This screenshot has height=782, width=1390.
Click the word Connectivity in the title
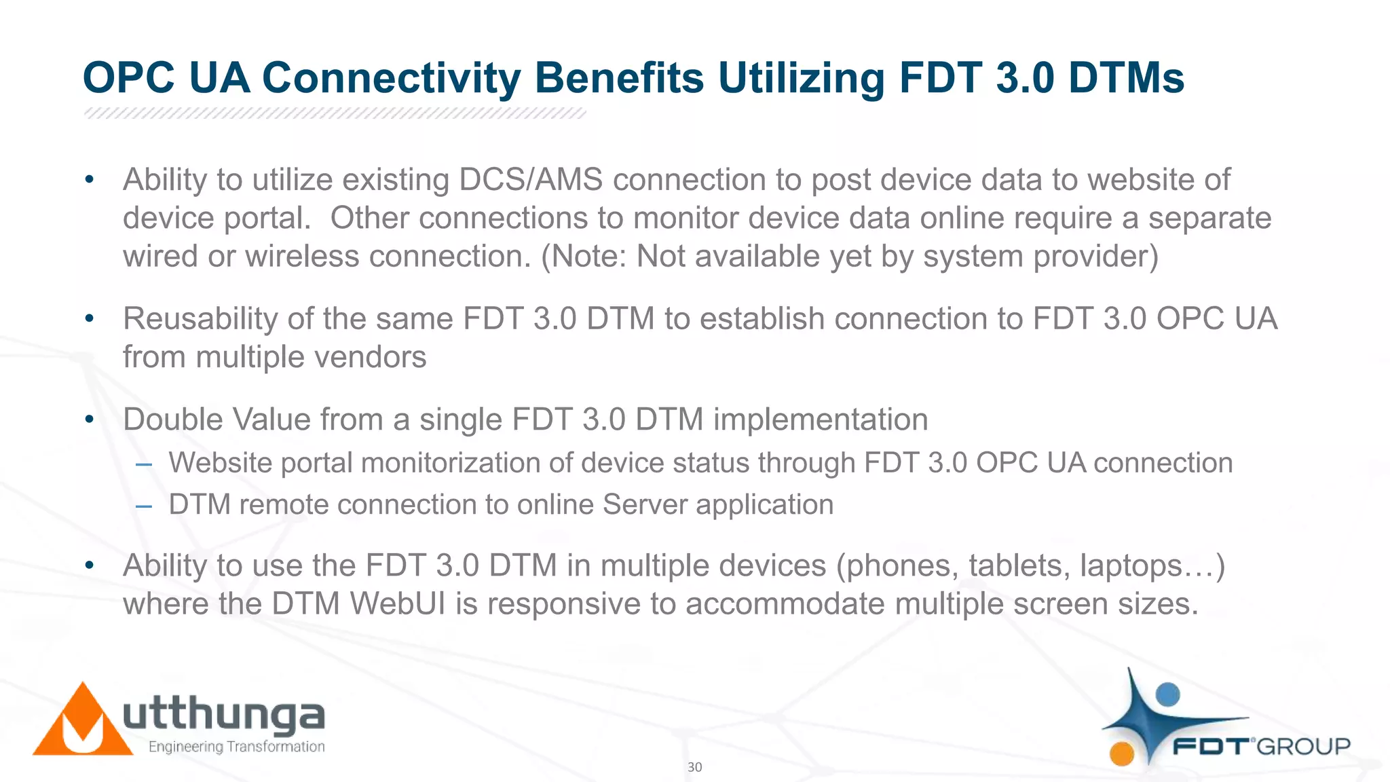[391, 78]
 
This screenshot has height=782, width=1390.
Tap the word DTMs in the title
[1126, 78]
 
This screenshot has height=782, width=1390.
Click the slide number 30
[694, 767]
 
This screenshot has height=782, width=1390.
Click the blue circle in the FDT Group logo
[1167, 694]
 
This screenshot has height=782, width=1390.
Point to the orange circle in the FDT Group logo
[1122, 753]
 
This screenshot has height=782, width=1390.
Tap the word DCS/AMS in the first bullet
[531, 180]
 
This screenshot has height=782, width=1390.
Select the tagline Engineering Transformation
[236, 747]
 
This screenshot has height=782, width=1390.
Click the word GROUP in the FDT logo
[1304, 747]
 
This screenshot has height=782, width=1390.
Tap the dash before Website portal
[143, 464]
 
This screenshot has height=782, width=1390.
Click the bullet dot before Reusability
[89, 318]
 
